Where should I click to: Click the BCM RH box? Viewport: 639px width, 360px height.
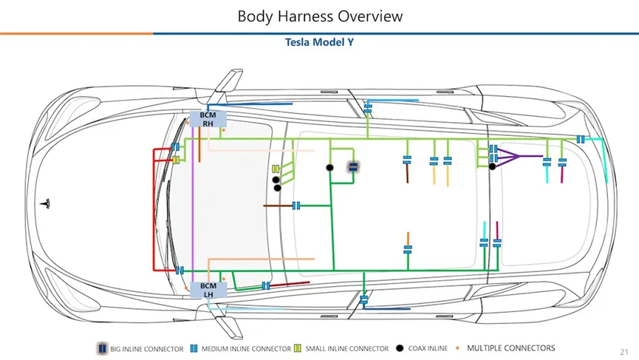[208, 119]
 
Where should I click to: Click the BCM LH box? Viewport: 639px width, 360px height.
[208, 290]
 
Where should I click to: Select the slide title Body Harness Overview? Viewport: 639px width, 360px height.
[320, 16]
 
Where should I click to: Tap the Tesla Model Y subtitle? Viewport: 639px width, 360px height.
[319, 42]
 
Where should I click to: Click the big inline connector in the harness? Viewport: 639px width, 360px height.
[353, 166]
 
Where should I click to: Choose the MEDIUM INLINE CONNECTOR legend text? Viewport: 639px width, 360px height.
[246, 349]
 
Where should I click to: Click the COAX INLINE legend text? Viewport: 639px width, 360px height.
[428, 349]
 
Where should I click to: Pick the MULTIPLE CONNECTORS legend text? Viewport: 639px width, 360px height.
[510, 348]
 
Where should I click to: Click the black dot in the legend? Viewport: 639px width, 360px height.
[399, 348]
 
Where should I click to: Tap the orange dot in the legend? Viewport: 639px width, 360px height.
[459, 347]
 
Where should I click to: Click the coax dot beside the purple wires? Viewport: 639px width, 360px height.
[492, 166]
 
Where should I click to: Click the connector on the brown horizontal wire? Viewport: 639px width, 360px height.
[296, 206]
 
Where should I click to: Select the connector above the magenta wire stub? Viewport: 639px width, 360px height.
[562, 162]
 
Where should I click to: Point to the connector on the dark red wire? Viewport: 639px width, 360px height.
[265, 286]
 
